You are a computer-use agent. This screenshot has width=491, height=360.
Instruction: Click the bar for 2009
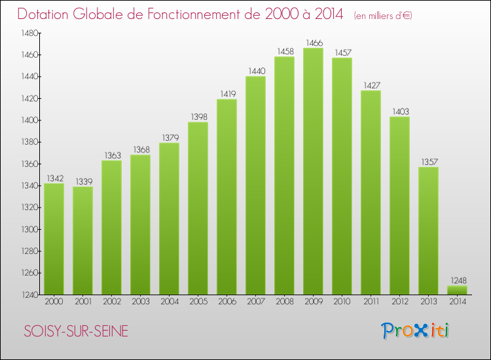pyautogui.click(x=313, y=171)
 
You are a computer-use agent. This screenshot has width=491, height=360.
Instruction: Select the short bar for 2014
pyautogui.click(x=457, y=290)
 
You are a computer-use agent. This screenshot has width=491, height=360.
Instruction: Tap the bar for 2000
pyautogui.click(x=54, y=239)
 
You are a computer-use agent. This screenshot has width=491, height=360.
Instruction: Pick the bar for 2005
pyautogui.click(x=198, y=208)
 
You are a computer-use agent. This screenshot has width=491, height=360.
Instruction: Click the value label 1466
pyautogui.click(x=313, y=43)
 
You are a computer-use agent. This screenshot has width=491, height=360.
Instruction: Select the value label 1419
pyautogui.click(x=227, y=94)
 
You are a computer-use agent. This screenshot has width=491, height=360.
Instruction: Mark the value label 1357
pyautogui.click(x=428, y=162)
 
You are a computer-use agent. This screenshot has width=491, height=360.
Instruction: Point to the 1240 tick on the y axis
pyautogui.click(x=29, y=295)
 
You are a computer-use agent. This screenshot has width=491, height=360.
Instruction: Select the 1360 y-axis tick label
pyautogui.click(x=29, y=164)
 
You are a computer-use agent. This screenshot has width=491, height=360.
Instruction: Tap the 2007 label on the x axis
pyautogui.click(x=255, y=302)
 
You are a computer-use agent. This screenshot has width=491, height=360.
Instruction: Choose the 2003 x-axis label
pyautogui.click(x=140, y=302)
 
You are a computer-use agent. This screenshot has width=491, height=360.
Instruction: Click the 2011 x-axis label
pyautogui.click(x=371, y=302)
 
